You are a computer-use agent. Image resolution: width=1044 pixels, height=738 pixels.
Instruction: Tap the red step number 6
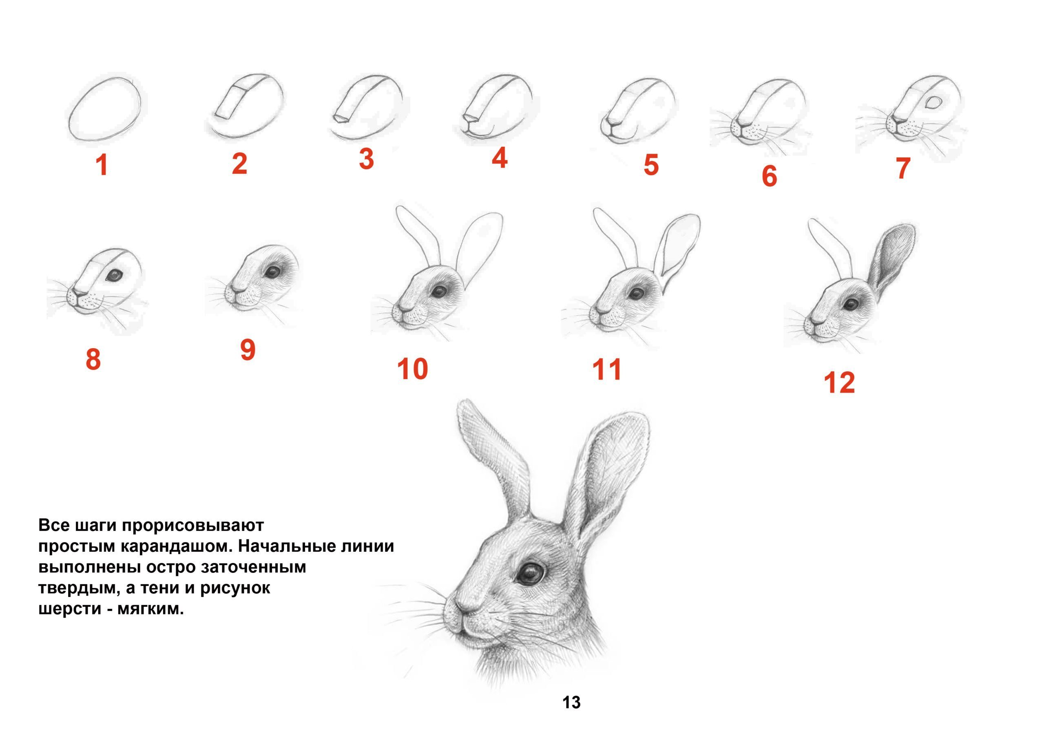coord(770,176)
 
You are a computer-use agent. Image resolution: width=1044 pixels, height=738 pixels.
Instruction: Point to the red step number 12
coord(839,382)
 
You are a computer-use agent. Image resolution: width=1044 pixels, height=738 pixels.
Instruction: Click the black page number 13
coord(572,703)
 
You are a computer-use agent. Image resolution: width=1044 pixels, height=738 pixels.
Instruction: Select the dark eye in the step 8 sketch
coord(114,275)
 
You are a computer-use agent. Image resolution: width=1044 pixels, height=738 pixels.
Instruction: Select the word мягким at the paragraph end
coord(150,609)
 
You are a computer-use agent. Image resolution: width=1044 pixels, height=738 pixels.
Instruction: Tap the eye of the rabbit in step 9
coord(273,272)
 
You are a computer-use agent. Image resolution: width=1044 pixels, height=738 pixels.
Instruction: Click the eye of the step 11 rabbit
coord(634,292)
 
